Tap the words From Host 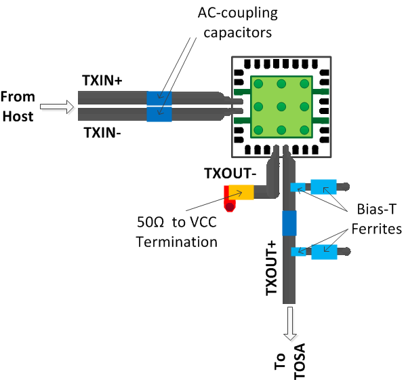pyautogui.click(x=18, y=106)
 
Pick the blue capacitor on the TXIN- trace pyautogui.click(x=159, y=114)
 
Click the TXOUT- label pyautogui.click(x=230, y=174)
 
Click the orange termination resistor pyautogui.click(x=241, y=192)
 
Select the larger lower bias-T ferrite pyautogui.click(x=323, y=252)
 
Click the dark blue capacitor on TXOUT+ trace pyautogui.click(x=289, y=223)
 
